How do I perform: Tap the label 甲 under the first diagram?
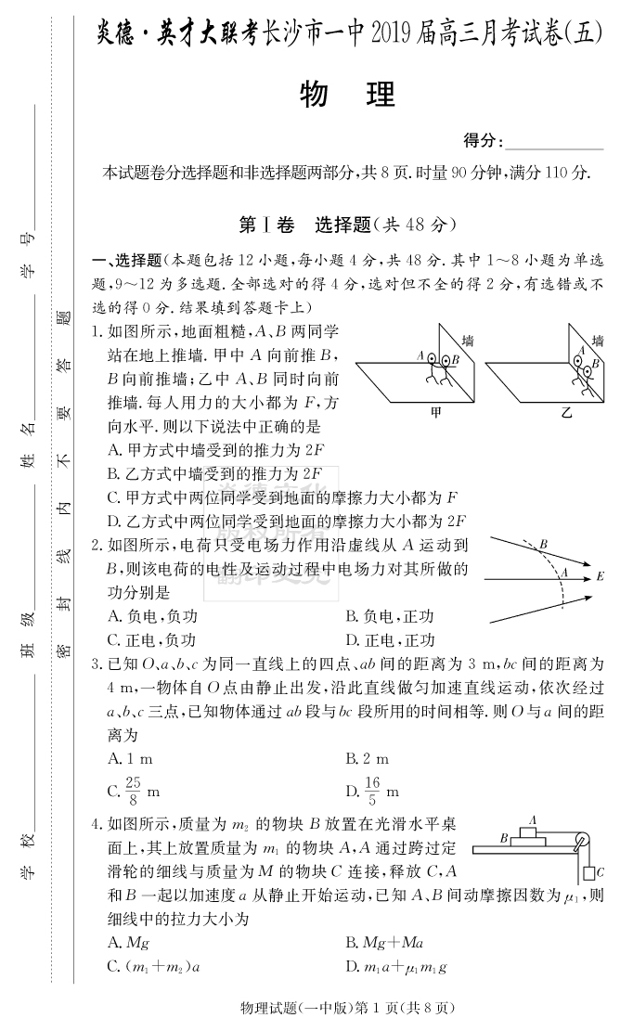(x=436, y=411)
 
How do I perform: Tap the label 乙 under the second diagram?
(x=567, y=411)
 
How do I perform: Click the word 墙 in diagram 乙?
(x=597, y=341)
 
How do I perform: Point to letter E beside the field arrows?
(x=600, y=576)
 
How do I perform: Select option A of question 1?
(x=215, y=450)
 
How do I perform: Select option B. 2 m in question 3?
(x=368, y=759)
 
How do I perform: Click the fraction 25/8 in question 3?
(x=129, y=792)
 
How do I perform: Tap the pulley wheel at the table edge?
(x=582, y=843)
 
